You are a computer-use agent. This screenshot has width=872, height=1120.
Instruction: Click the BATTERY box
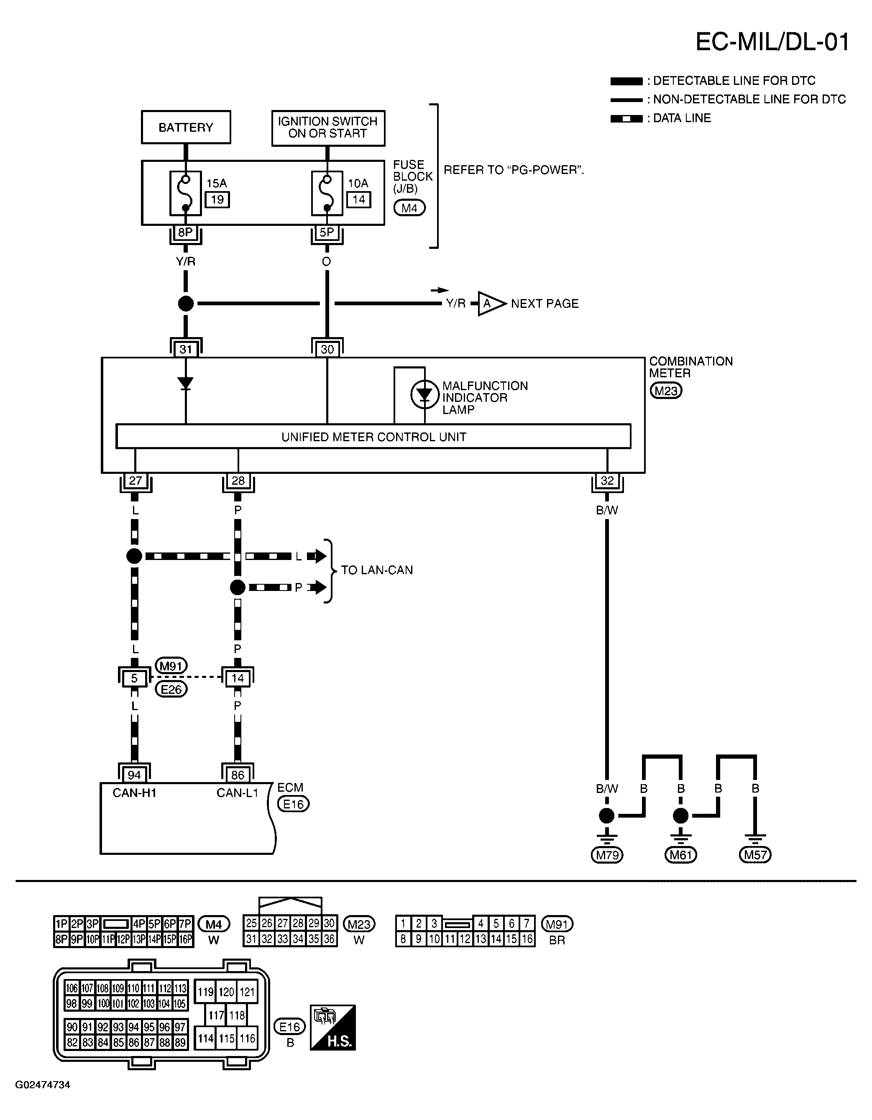pyautogui.click(x=186, y=127)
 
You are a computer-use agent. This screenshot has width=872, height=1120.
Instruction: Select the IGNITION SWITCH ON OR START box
pyautogui.click(x=328, y=128)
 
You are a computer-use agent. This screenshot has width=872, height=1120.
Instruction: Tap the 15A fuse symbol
pyautogui.click(x=185, y=193)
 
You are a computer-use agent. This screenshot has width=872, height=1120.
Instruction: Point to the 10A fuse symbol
pyautogui.click(x=327, y=193)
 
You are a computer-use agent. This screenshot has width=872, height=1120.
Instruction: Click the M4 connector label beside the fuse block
pyautogui.click(x=409, y=208)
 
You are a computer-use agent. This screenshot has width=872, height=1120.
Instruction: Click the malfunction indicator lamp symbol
pyautogui.click(x=424, y=394)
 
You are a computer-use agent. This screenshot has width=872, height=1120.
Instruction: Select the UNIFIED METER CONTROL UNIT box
pyautogui.click(x=373, y=437)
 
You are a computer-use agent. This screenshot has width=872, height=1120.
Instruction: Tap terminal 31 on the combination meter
pyautogui.click(x=186, y=349)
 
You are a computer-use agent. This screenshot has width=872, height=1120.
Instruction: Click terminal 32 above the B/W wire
pyautogui.click(x=607, y=481)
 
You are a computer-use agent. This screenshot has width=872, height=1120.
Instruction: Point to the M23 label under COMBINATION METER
pyautogui.click(x=666, y=391)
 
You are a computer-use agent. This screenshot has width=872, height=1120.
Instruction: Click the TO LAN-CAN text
pyautogui.click(x=377, y=570)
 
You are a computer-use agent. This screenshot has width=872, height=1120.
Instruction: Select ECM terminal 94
pyautogui.click(x=134, y=775)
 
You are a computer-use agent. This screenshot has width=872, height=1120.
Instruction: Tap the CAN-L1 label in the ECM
pyautogui.click(x=237, y=793)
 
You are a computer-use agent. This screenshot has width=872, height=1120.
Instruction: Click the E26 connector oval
pyautogui.click(x=171, y=690)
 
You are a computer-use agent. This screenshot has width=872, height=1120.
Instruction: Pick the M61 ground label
pyautogui.click(x=681, y=855)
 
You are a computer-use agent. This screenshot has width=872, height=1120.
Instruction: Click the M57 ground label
pyautogui.click(x=755, y=855)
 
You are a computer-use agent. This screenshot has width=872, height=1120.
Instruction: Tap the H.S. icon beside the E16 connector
pyautogui.click(x=333, y=1027)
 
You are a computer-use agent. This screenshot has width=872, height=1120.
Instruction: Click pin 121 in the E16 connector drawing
pyautogui.click(x=247, y=992)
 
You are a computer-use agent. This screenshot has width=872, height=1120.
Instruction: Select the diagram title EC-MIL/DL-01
pyautogui.click(x=772, y=42)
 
